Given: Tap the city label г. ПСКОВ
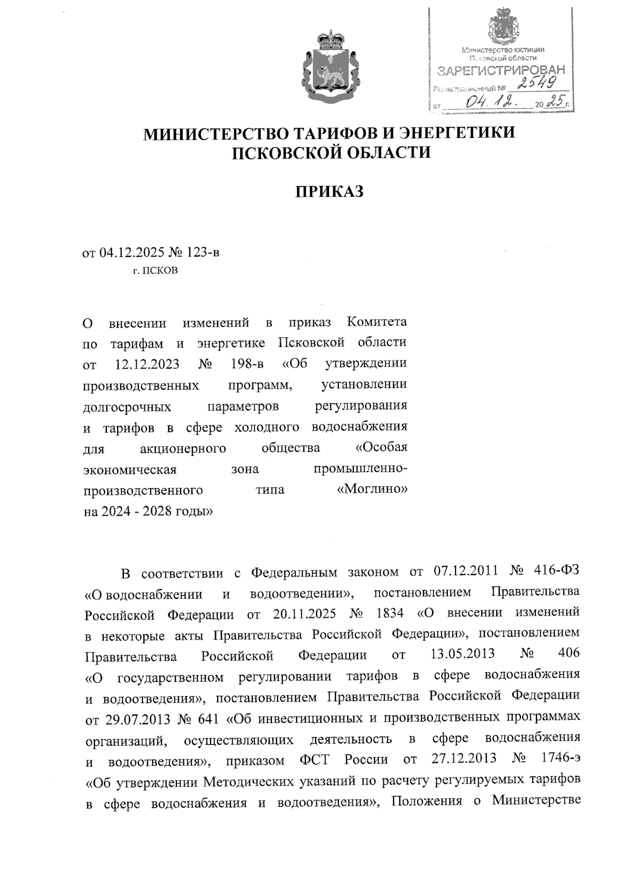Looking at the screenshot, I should coord(155,270).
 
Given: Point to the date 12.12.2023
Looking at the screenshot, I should coord(145,363).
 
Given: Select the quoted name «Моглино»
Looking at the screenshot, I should coord(371,489).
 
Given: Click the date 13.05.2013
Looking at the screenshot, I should coord(462,654).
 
